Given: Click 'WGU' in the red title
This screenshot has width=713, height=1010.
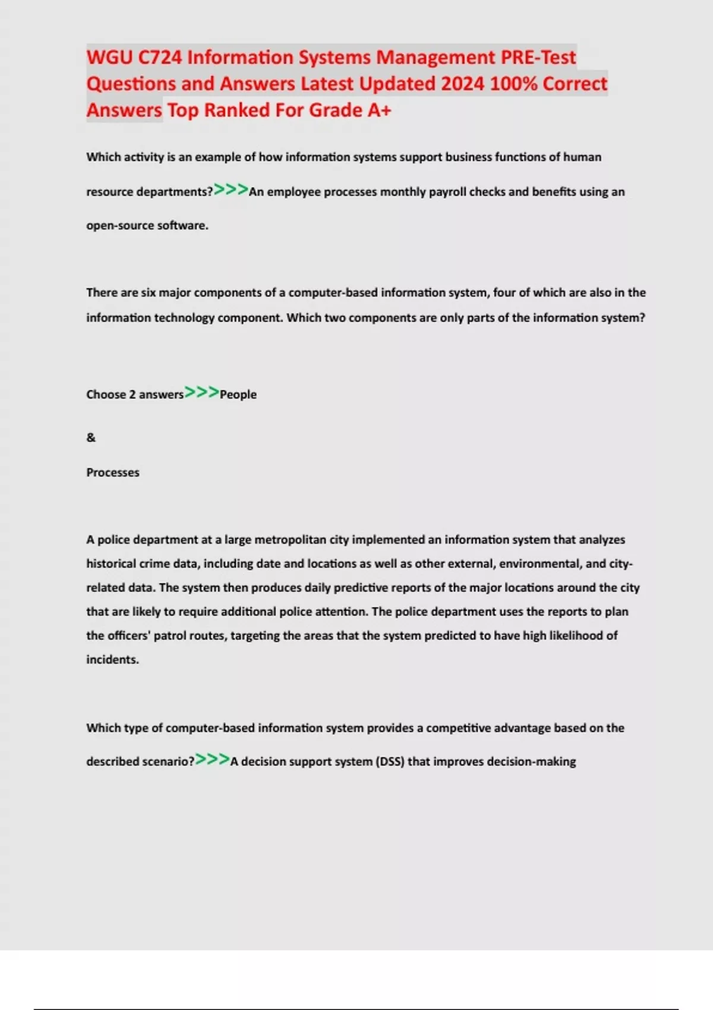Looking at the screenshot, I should [110, 58].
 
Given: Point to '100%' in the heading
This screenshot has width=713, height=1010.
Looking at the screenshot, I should [513, 84].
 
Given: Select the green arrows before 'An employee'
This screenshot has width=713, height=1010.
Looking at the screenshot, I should [231, 190].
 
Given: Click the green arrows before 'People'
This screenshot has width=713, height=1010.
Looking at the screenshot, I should [201, 393].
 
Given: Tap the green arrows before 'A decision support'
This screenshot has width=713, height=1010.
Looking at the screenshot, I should [212, 760].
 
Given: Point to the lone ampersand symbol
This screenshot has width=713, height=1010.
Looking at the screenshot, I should [91, 438].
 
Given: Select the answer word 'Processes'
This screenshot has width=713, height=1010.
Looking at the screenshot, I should [113, 473].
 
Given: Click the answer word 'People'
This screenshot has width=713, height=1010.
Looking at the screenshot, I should [238, 394].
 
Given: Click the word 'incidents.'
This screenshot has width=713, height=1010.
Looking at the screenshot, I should [112, 659].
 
